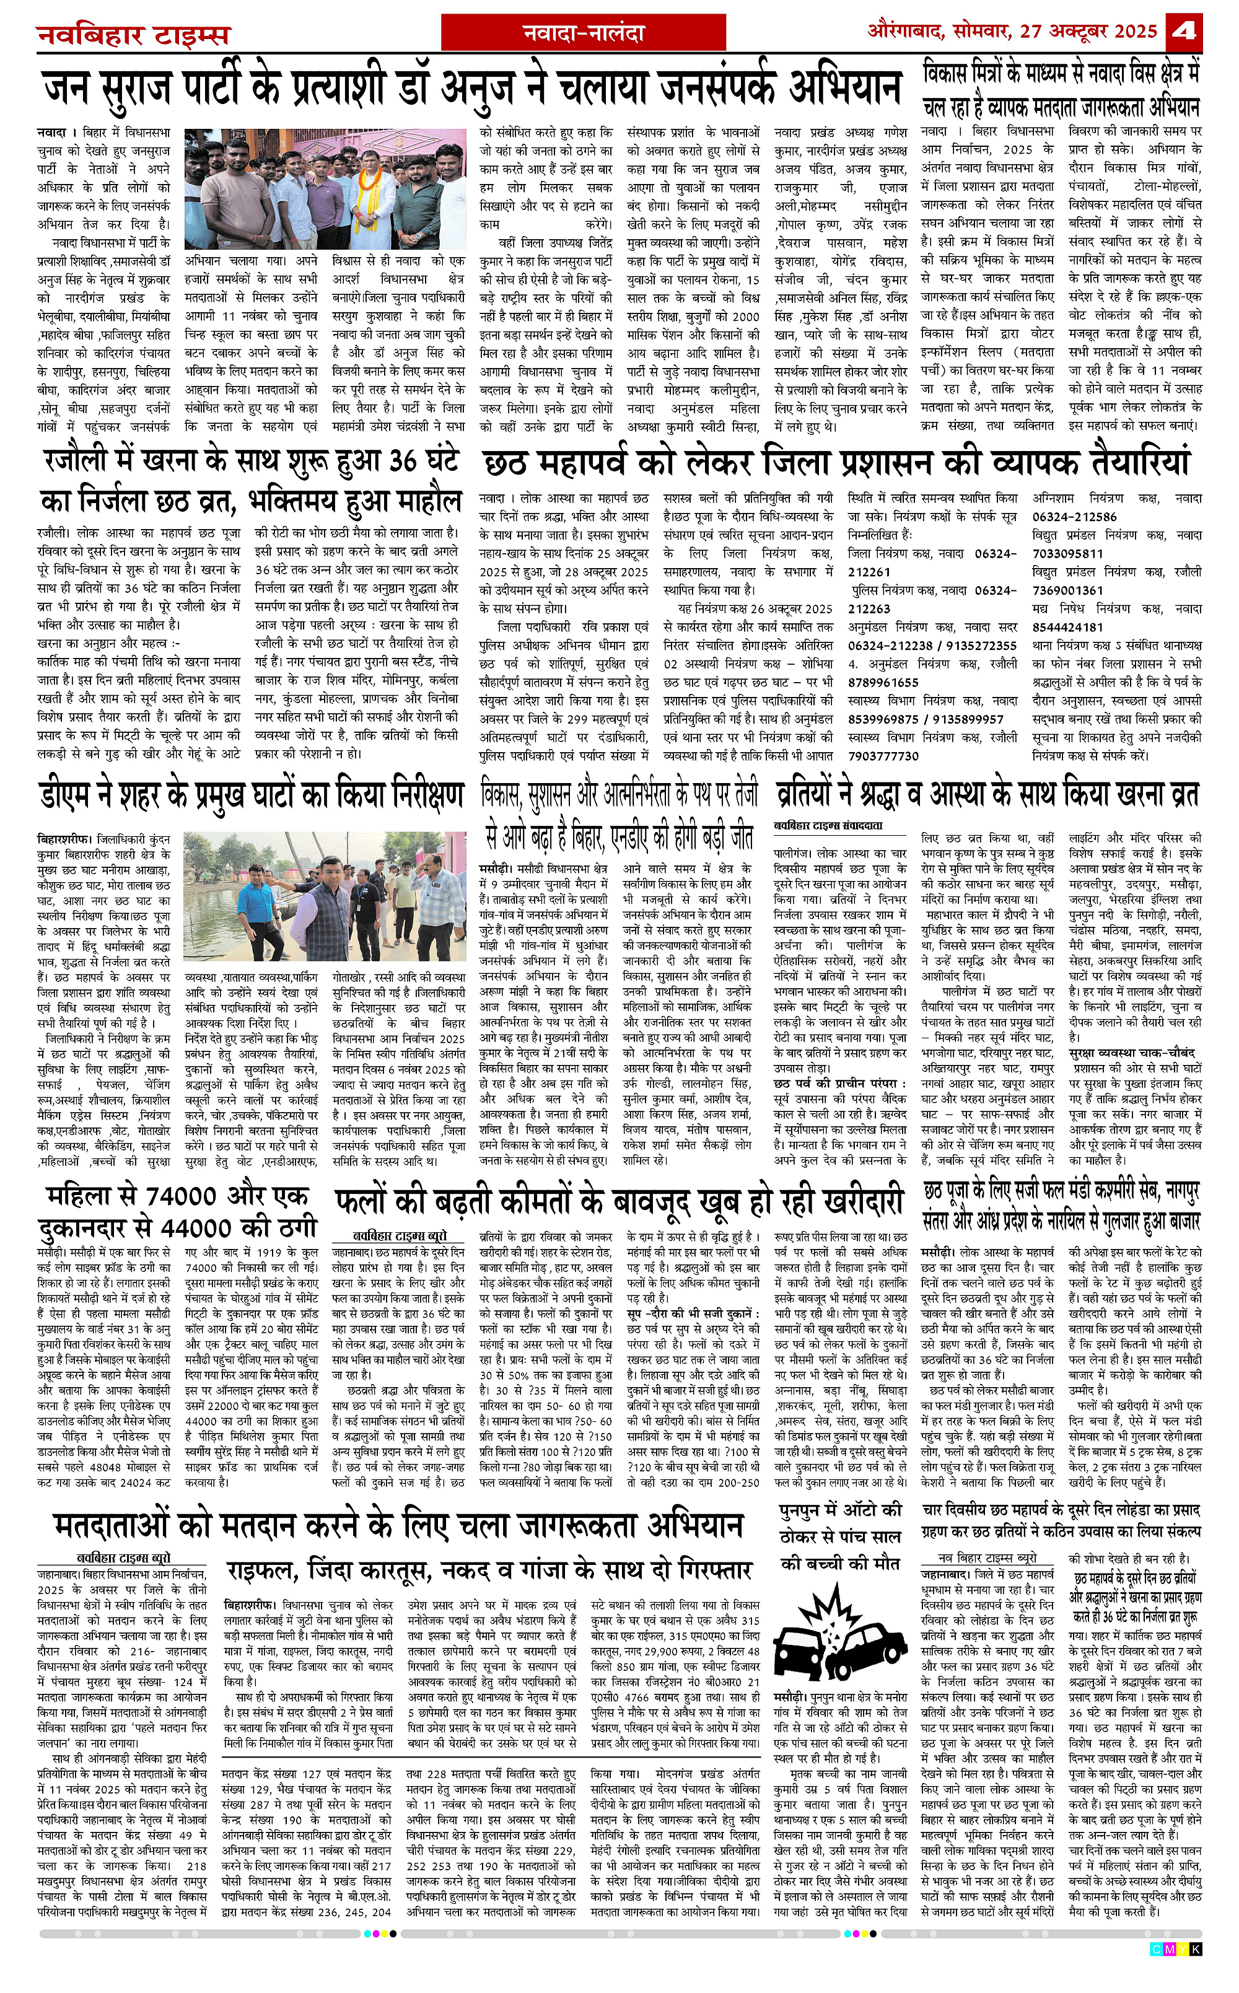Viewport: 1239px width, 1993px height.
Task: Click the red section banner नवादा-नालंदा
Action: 584,33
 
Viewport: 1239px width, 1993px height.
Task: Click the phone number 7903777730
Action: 883,756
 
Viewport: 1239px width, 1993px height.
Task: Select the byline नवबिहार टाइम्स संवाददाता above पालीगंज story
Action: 828,825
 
